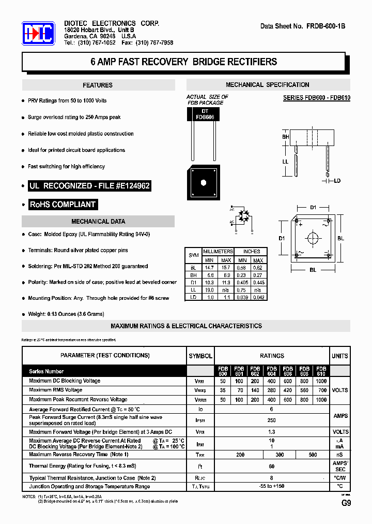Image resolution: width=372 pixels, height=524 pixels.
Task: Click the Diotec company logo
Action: pyautogui.click(x=38, y=34)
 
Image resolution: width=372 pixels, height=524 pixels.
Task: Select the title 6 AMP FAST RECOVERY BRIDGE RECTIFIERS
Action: pyautogui.click(x=184, y=62)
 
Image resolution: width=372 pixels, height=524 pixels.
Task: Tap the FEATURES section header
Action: pyautogui.click(x=98, y=85)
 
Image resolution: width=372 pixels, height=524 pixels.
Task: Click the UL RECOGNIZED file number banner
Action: pyautogui.click(x=90, y=185)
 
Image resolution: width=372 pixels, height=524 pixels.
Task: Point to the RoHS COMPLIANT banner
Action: pyautogui.click(x=63, y=205)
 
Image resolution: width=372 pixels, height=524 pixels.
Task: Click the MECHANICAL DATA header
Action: pyautogui.click(x=98, y=222)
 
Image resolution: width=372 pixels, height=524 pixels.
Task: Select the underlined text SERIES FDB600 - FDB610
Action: pyautogui.click(x=317, y=98)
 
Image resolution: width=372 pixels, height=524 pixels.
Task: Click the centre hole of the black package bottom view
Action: pyautogui.click(x=203, y=182)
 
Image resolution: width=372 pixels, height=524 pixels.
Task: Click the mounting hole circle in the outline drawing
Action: pyautogui.click(x=313, y=238)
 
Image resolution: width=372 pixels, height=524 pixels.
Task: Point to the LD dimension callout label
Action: pyautogui.click(x=337, y=181)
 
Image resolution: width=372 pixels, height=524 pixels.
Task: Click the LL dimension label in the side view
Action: pyautogui.click(x=285, y=162)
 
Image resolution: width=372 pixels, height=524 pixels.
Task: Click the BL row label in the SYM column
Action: pyautogui.click(x=193, y=268)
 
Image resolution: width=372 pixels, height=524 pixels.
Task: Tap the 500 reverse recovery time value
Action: pyautogui.click(x=313, y=455)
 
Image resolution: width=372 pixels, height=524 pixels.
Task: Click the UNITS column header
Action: pyautogui.click(x=339, y=356)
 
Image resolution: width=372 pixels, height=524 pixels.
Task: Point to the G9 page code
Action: pyautogui.click(x=346, y=503)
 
